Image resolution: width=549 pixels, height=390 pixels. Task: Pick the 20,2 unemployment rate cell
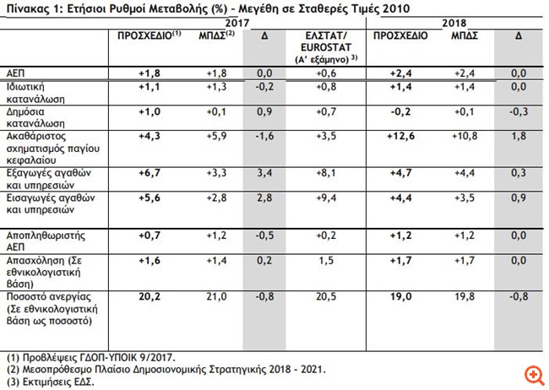(x=149, y=296)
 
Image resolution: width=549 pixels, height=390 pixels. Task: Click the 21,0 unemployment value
(x=218, y=296)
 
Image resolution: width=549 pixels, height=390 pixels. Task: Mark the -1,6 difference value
(x=264, y=136)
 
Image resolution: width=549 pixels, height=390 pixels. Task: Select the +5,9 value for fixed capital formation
(x=218, y=136)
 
